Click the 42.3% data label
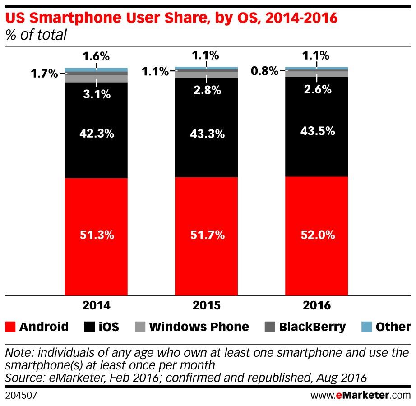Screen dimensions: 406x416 [96, 134]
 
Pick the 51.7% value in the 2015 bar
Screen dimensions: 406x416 [206, 235]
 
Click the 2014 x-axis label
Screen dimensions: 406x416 [96, 305]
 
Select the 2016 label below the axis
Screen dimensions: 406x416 [316, 305]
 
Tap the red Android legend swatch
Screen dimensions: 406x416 [10, 327]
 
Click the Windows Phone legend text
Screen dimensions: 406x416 [199, 327]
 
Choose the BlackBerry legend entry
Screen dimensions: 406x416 [305, 327]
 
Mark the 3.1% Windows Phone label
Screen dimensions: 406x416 [96, 94]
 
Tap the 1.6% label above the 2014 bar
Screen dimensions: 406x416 [96, 56]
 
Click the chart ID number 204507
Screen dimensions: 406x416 [20, 396]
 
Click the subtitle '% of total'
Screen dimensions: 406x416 [36, 35]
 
